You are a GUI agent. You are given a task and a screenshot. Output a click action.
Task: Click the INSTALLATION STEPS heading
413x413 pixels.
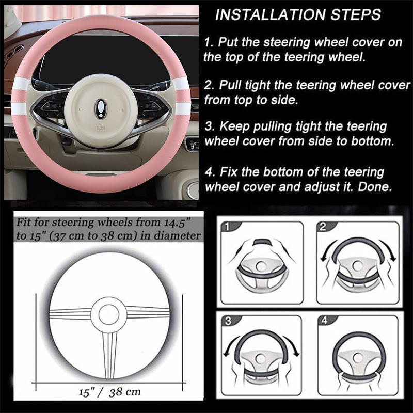(x=298, y=14)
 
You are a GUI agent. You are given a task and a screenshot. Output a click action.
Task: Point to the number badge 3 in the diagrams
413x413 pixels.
(x=228, y=321)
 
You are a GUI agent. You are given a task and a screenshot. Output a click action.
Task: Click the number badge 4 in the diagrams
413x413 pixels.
(x=324, y=321)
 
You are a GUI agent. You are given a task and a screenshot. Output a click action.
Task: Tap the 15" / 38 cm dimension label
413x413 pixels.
(x=109, y=392)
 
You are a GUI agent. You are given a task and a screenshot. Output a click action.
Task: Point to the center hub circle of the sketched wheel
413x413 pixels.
(x=108, y=314)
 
